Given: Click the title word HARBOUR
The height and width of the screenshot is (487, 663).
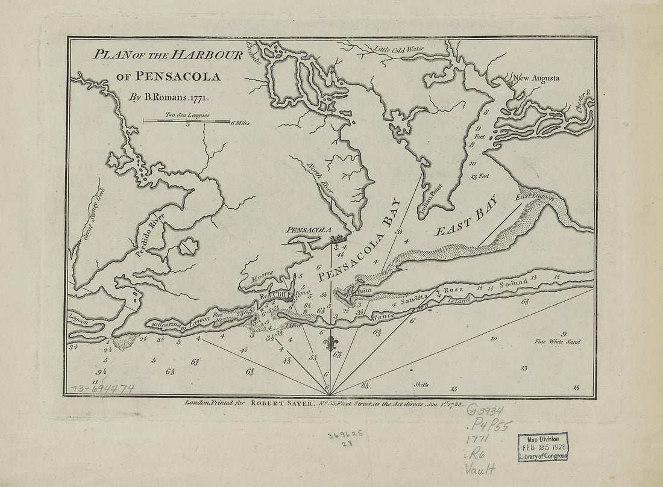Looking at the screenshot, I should (207, 55).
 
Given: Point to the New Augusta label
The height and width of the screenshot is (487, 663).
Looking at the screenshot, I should (536, 78).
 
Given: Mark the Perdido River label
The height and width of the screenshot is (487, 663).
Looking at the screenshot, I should (149, 235).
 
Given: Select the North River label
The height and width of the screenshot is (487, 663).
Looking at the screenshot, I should (317, 174).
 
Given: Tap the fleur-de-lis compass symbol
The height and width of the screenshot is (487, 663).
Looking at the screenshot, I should (328, 346).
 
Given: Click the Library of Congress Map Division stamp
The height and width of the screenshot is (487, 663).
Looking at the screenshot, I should (542, 447).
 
